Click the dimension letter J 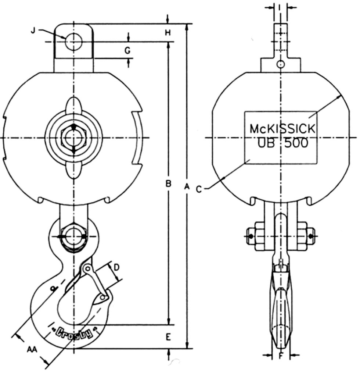point(33,31)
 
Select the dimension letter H point(168,32)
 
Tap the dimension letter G point(127,51)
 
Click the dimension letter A point(187,188)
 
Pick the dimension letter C point(199,189)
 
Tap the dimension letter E point(168,337)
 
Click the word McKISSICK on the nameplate point(282,129)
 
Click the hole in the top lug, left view point(73,41)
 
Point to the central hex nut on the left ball point(73,138)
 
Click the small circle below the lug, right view point(281,65)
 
